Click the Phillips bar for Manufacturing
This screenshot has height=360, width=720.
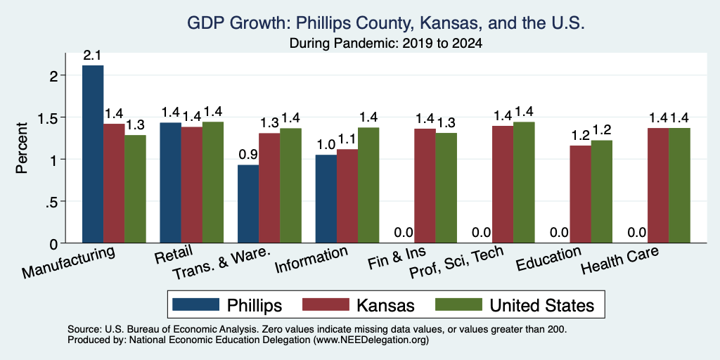pyautogui.click(x=93, y=154)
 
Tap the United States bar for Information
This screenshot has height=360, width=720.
pyautogui.click(x=368, y=185)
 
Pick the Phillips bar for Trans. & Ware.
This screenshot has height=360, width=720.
pyautogui.click(x=248, y=204)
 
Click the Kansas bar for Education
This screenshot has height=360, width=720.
pyautogui.click(x=580, y=194)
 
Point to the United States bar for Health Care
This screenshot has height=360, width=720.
pyautogui.click(x=680, y=186)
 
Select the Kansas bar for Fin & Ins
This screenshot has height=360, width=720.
pyautogui.click(x=425, y=186)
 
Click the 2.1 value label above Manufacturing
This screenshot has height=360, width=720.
pyautogui.click(x=93, y=56)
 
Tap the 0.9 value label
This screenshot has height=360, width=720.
pyautogui.click(x=248, y=155)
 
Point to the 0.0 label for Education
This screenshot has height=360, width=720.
pyautogui.click(x=559, y=233)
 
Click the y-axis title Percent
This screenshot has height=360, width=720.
pyautogui.click(x=22, y=148)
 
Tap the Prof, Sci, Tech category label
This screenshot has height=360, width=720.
pyautogui.click(x=456, y=262)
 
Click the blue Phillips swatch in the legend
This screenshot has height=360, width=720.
pyautogui.click(x=196, y=304)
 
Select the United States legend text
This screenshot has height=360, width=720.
pyautogui.click(x=542, y=305)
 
